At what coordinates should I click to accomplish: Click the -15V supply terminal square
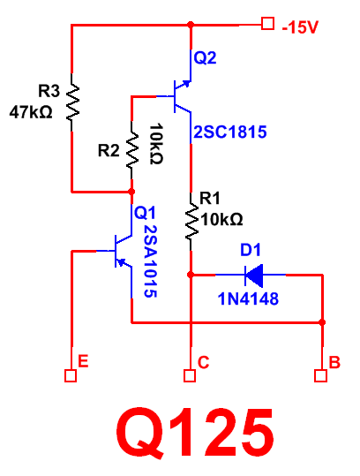point(268,24)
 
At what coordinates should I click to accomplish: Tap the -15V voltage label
point(300,27)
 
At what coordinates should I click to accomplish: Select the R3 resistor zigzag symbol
point(72,102)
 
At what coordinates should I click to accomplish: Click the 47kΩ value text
point(31,112)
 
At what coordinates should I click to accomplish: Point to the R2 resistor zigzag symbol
point(132,150)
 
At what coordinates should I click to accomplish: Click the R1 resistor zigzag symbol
point(191,222)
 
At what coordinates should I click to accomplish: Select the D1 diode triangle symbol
point(254,276)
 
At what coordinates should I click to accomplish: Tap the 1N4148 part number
point(248,298)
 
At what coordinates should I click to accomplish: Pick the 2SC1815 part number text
point(230,132)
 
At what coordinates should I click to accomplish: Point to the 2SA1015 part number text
point(150,261)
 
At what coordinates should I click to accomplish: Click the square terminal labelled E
point(71,375)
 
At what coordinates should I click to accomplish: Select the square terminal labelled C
point(190,375)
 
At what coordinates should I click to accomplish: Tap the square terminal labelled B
point(321,375)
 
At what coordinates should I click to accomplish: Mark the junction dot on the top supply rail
point(191,25)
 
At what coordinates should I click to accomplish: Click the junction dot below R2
point(131,192)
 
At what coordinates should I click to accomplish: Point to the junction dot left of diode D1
point(191,275)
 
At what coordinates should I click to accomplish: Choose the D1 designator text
point(251,250)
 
